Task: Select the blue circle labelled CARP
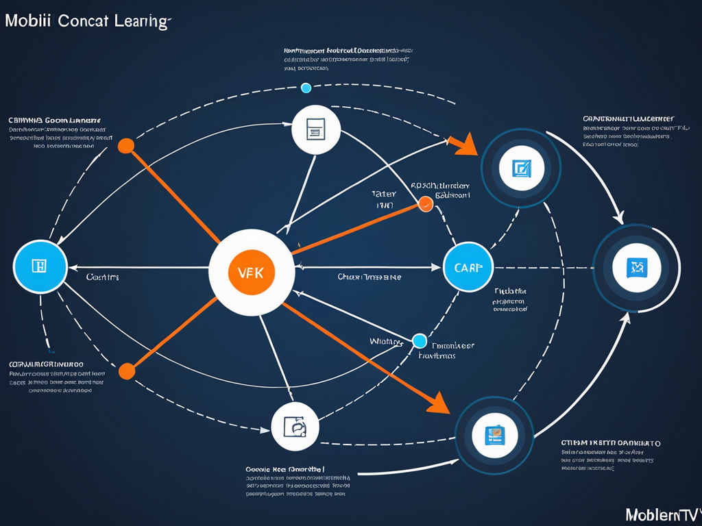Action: pyautogui.click(x=468, y=267)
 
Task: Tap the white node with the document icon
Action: pyautogui.click(x=316, y=129)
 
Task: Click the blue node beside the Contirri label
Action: pyautogui.click(x=40, y=266)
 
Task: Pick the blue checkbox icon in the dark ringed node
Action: pyautogui.click(x=521, y=168)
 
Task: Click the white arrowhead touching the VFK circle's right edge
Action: pyautogui.click(x=298, y=267)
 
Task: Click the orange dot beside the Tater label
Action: pyautogui.click(x=425, y=203)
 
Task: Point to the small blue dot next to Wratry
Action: pyautogui.click(x=420, y=340)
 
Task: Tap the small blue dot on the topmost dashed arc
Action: pyautogui.click(x=306, y=88)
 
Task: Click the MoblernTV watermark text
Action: pyautogui.click(x=662, y=514)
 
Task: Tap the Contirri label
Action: pyautogui.click(x=102, y=277)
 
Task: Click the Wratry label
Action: pyautogui.click(x=385, y=340)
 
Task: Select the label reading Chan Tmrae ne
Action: pyautogui.click(x=369, y=277)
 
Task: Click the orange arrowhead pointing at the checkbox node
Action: pyautogui.click(x=464, y=145)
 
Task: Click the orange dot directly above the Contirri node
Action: pyautogui.click(x=126, y=146)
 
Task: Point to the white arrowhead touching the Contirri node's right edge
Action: pyautogui.click(x=71, y=267)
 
